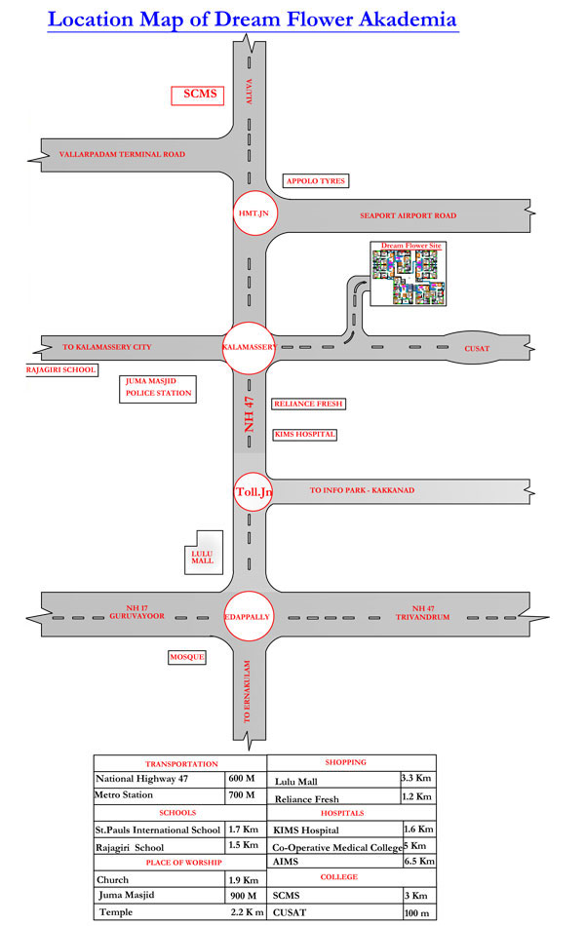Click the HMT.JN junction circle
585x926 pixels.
coord(254,213)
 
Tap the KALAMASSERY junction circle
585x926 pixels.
coord(249,348)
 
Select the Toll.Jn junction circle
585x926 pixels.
coord(254,491)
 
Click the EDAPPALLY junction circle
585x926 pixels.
coord(248,617)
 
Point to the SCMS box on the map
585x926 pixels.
coord(197,96)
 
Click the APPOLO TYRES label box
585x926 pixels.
coord(316,180)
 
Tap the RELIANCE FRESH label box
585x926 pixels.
coord(308,404)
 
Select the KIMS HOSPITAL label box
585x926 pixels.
coord(305,435)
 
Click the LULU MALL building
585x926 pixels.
coord(204,553)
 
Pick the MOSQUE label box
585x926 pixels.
coord(187,657)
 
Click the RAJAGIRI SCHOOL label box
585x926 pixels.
coord(60,369)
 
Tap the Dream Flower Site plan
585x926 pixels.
coord(409,274)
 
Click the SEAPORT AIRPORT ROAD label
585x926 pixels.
coord(409,215)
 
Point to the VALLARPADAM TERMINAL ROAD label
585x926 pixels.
coord(122,154)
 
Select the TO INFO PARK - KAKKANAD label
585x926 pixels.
coord(363,490)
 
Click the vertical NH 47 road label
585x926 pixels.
coord(250,414)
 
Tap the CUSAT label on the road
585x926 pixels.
coord(477,348)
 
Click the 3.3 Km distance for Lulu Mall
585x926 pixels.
coord(416,778)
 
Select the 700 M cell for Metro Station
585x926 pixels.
coord(242,794)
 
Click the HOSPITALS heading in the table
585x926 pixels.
coord(343,813)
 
